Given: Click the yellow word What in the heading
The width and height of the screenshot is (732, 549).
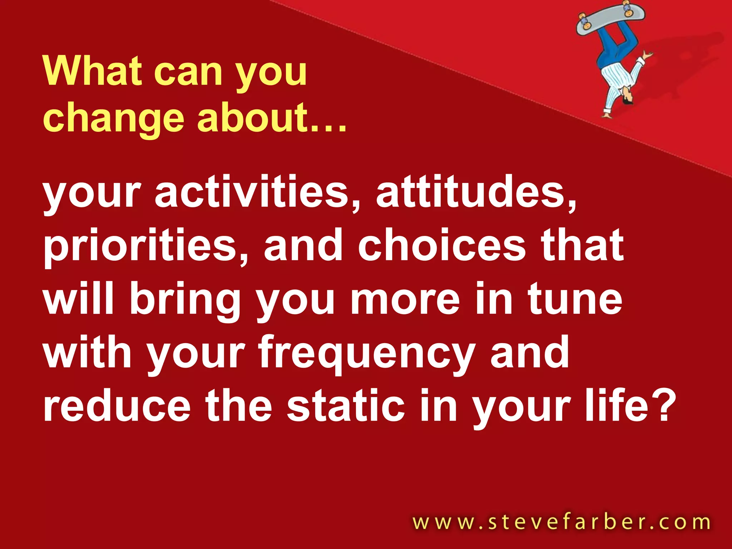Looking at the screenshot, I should [92, 71].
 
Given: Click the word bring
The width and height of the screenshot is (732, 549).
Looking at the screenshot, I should [185, 300].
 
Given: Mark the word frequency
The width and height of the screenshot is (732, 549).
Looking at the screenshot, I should [367, 354].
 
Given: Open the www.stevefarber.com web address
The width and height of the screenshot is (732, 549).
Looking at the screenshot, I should [561, 522].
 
